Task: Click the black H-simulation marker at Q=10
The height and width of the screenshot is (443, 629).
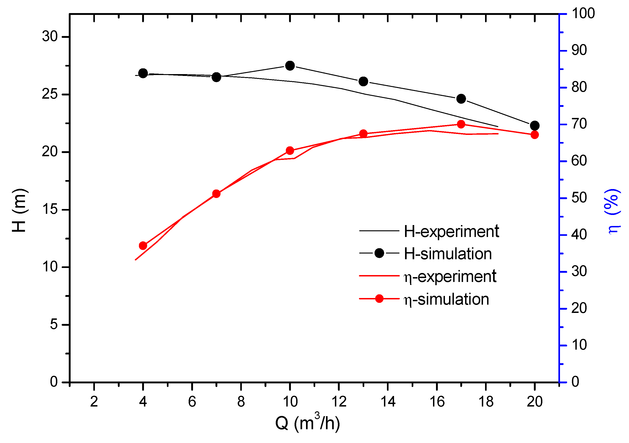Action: pos(290,66)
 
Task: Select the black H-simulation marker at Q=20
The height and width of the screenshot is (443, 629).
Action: pos(535,125)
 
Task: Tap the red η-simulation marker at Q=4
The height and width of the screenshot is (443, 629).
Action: pos(143,246)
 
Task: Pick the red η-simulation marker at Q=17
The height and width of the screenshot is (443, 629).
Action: pos(461,124)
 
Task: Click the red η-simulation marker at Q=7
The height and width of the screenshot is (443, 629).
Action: pos(216,194)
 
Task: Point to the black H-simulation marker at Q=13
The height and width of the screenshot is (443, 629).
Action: pos(363,81)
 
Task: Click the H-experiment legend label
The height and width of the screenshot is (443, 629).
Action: pos(451,231)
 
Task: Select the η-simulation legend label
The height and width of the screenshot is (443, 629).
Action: pos(446,299)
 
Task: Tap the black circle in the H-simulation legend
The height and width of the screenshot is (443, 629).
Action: pos(379,253)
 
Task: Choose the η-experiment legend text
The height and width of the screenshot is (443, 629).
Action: pos(450,276)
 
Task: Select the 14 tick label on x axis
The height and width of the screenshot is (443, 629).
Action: pos(388,402)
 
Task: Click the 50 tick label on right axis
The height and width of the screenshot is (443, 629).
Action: pos(579,198)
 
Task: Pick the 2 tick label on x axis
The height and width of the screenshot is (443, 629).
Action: pos(94,402)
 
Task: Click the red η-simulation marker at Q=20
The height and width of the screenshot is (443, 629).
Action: pos(535,135)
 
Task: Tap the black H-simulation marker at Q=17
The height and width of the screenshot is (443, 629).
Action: pos(461,99)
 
